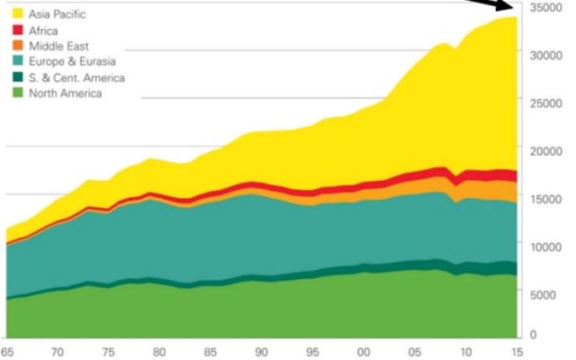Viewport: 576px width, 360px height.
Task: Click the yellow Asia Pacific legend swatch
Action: pos(16,14)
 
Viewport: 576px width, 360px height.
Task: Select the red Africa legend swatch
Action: pos(16,30)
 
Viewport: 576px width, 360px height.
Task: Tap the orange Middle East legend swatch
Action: pos(16,46)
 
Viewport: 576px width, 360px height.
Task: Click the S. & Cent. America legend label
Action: pos(76,77)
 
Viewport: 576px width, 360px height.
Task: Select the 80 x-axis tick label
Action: pos(158,352)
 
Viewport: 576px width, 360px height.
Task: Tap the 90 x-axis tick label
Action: pos(260,352)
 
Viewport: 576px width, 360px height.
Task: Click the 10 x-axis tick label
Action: pos(464,352)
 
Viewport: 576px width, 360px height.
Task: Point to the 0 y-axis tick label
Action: pos(532,335)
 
